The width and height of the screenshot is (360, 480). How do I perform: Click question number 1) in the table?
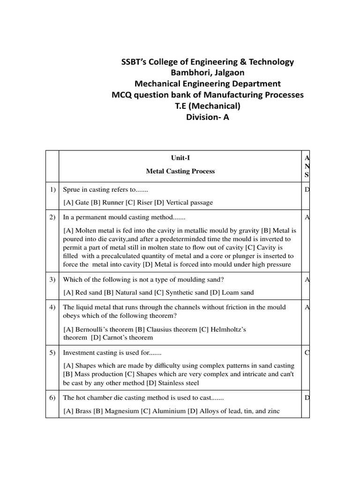52,190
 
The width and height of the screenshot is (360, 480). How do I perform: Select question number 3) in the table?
52,280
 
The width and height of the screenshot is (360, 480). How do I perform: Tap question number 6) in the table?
52,398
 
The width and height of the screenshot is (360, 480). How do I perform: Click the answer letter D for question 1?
307,190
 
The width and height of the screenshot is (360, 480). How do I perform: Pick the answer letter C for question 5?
307,352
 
